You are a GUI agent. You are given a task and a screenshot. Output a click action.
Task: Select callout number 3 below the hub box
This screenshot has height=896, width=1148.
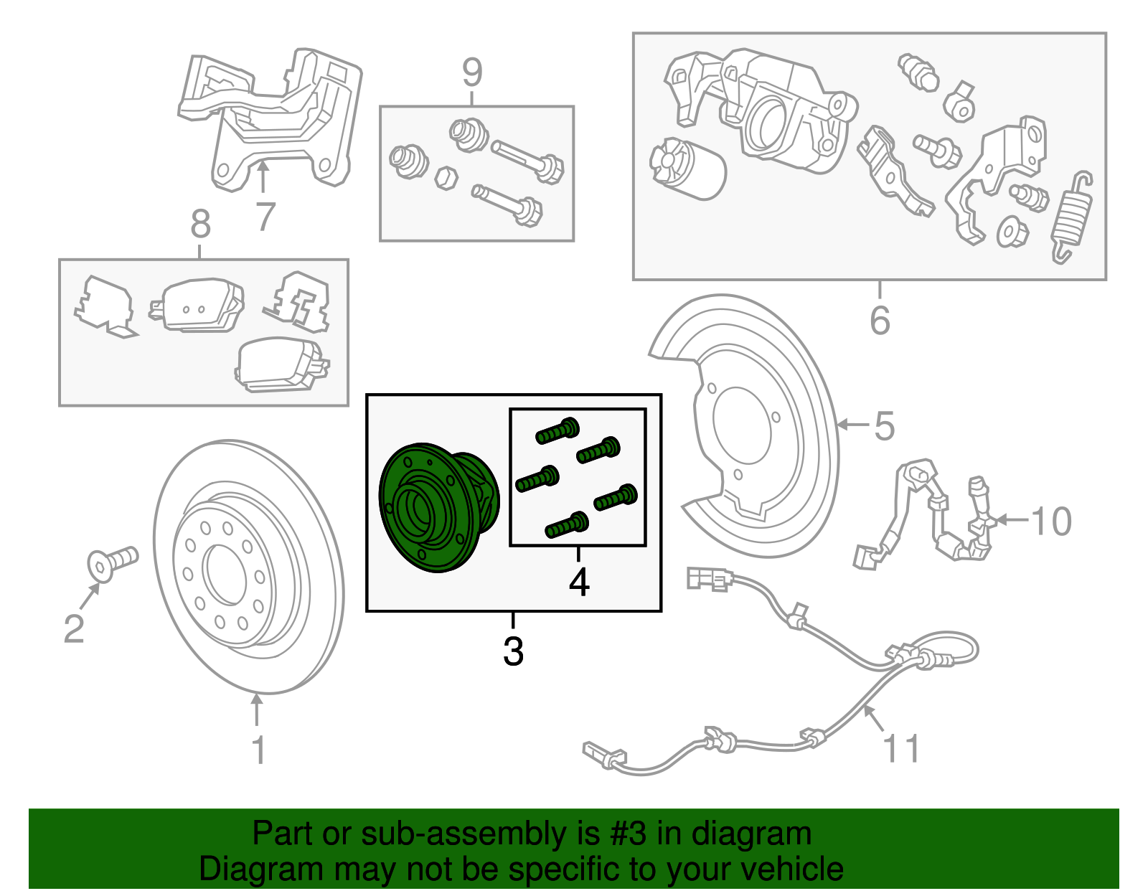pyautogui.click(x=513, y=651)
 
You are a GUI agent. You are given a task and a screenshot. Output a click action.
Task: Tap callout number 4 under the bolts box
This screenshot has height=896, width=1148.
pyautogui.click(x=578, y=583)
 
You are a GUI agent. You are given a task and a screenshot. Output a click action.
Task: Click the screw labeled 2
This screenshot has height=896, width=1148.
pyautogui.click(x=113, y=562)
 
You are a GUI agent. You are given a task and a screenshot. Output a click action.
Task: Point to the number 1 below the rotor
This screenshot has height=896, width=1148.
pyautogui.click(x=258, y=750)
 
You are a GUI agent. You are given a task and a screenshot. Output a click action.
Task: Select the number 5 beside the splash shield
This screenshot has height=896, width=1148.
pyautogui.click(x=885, y=426)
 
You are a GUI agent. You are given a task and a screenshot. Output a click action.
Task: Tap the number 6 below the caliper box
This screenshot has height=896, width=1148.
pyautogui.click(x=880, y=320)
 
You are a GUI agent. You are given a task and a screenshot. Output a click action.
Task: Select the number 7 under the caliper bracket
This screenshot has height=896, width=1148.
pyautogui.click(x=265, y=217)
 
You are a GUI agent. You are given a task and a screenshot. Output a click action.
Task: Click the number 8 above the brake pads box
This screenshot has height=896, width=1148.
pyautogui.click(x=200, y=224)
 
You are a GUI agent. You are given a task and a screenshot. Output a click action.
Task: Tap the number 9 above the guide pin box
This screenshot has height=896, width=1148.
pyautogui.click(x=471, y=72)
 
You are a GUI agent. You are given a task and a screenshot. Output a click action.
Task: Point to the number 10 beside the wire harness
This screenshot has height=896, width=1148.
pyautogui.click(x=1050, y=522)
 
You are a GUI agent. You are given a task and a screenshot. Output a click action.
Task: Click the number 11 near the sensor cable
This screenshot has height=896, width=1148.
pyautogui.click(x=900, y=749)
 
